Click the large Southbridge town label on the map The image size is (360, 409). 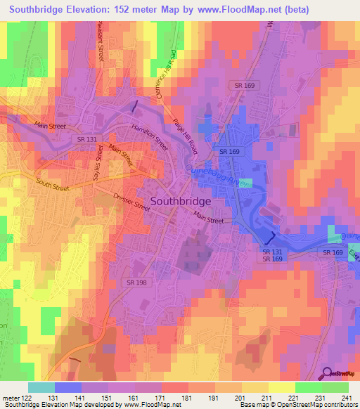tap(191, 200)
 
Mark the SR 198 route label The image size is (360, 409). tap(157, 282)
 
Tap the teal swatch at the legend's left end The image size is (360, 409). tap(41, 387)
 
